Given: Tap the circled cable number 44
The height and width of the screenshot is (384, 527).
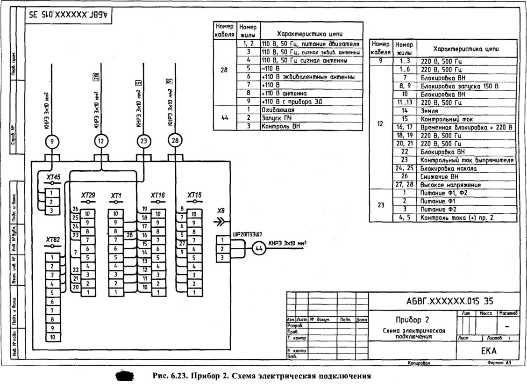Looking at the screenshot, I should click(x=259, y=249).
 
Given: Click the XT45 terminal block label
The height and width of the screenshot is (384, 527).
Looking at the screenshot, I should click(x=53, y=177).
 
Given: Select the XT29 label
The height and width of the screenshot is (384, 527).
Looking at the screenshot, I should click(x=88, y=195).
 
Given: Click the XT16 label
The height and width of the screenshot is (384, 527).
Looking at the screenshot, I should click(x=158, y=195).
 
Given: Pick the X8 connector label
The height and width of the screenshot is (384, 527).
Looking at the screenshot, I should click(x=221, y=211).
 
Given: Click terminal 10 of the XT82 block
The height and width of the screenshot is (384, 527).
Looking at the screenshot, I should click(x=52, y=337).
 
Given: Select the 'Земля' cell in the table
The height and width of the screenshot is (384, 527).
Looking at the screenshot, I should click(x=429, y=110).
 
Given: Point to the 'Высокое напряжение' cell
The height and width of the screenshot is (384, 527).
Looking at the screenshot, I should click(x=444, y=185).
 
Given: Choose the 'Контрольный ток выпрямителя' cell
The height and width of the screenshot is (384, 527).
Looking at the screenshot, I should click(x=467, y=160).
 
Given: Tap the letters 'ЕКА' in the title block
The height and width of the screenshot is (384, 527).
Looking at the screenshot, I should click(x=489, y=350).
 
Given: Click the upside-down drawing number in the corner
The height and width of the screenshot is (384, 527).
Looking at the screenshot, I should click(x=68, y=14).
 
